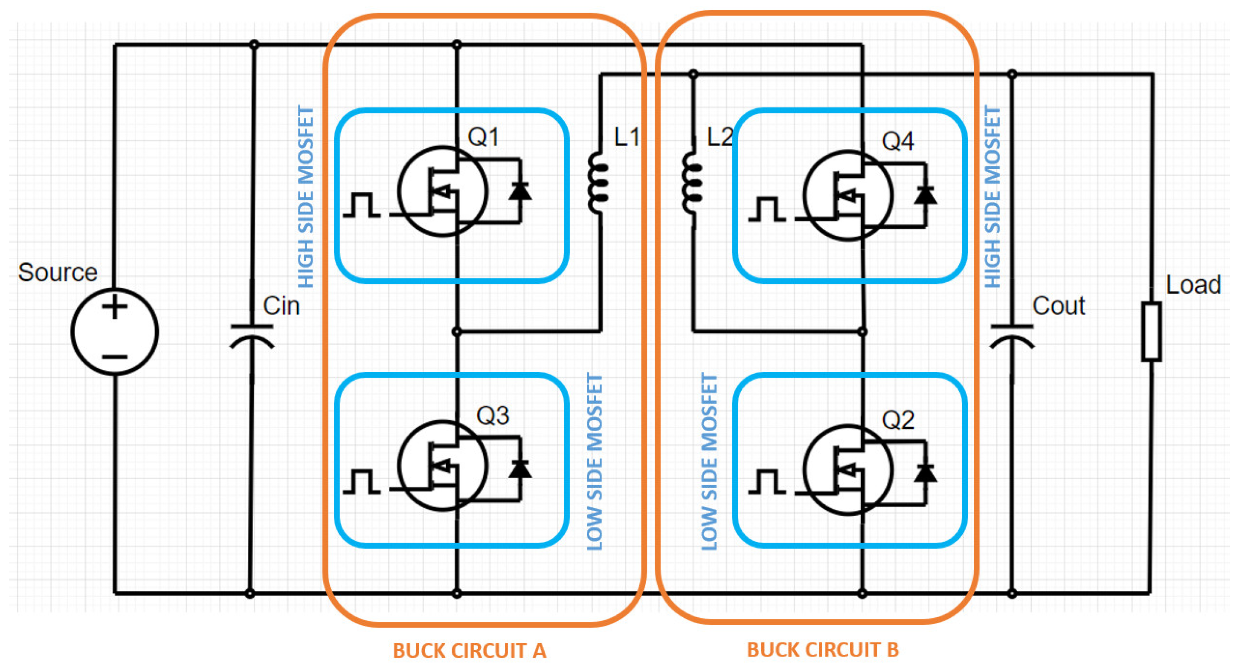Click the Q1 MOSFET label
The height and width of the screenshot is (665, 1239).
coord(484,137)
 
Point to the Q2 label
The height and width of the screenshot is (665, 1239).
coord(897,420)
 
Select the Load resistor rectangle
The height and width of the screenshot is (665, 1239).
coord(1152,331)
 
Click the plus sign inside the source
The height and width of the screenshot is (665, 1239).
coord(114,306)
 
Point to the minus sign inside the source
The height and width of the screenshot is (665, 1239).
coord(114,357)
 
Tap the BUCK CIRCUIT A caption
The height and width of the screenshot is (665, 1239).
coord(470,651)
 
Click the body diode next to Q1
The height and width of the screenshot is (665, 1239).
coord(520,191)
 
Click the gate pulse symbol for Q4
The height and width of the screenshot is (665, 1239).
coord(767,209)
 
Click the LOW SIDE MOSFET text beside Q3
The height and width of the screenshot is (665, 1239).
coord(595,462)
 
